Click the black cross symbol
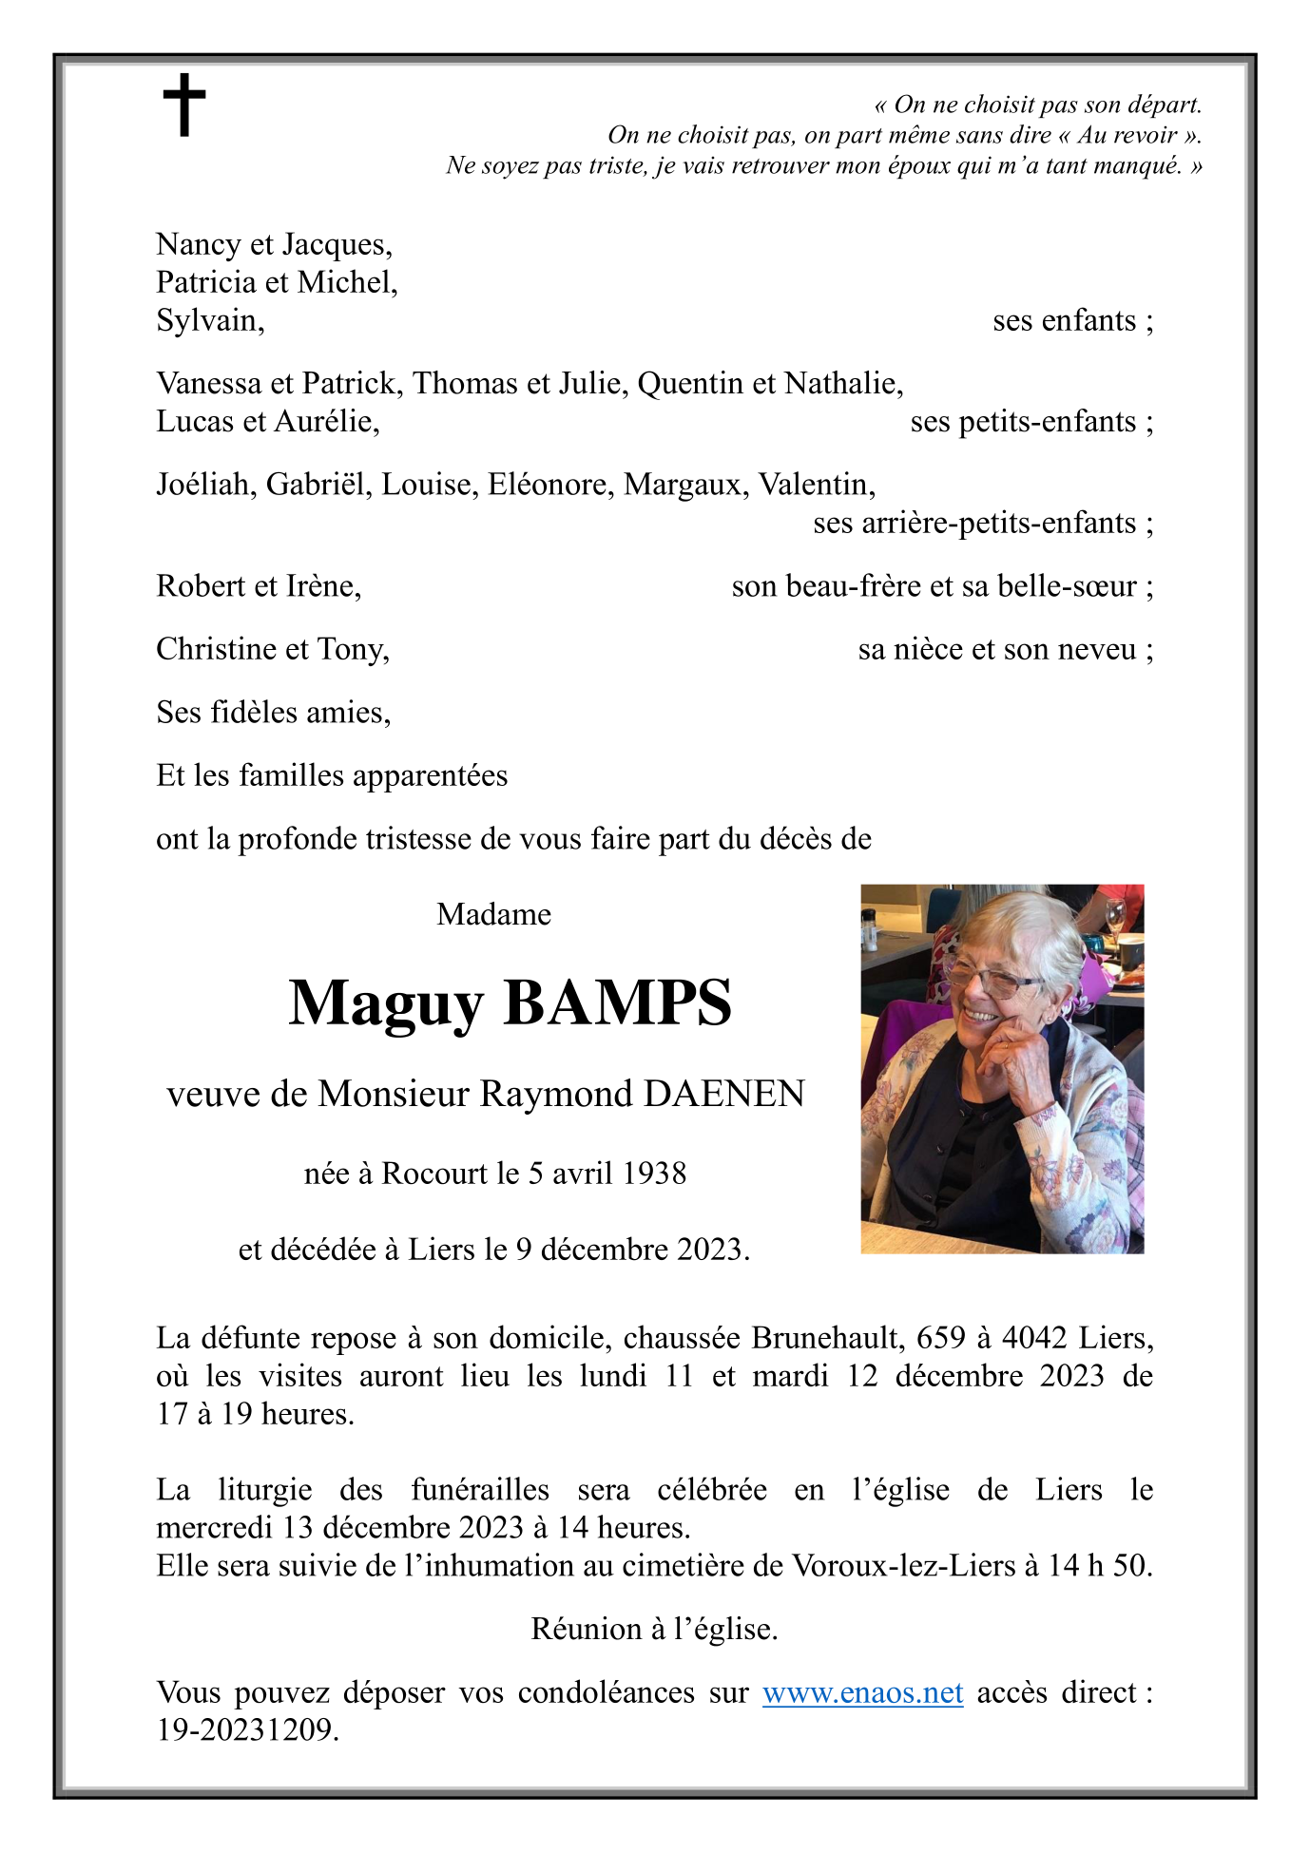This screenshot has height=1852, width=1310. coord(184,105)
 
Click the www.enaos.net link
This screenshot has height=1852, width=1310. coord(862,1692)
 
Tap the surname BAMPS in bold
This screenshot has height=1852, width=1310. coord(618,1003)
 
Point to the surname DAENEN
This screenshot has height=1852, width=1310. coord(724,1095)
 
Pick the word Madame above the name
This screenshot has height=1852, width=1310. coord(493,914)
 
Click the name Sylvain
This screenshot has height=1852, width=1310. coord(208,321)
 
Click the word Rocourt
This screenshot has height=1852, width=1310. coord(434,1174)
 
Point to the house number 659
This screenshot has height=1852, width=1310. coord(936,1338)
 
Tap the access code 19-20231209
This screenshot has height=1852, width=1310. coord(246,1730)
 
